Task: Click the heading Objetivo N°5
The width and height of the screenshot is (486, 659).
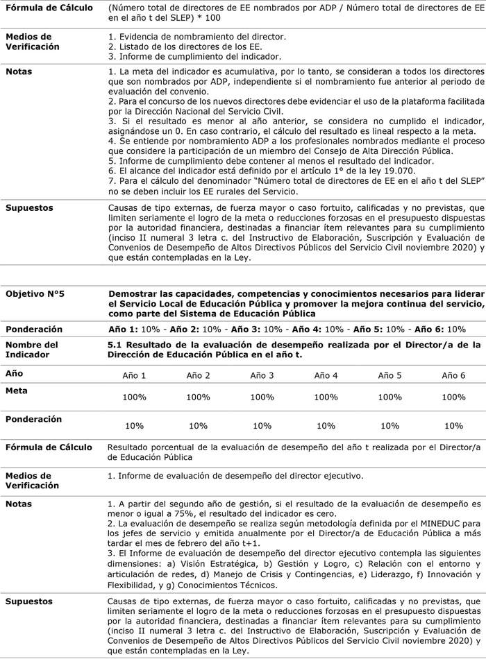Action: [35, 294]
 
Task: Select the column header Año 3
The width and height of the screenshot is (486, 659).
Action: [262, 375]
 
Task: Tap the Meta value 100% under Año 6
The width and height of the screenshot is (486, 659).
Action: [453, 397]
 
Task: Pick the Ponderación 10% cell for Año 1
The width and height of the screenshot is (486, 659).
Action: [134, 425]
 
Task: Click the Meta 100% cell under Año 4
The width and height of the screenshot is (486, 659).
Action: [326, 397]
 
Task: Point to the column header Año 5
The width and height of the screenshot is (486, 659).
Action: [389, 375]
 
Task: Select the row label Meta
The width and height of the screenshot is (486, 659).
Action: [17, 391]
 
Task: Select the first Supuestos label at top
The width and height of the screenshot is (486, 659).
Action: [29, 207]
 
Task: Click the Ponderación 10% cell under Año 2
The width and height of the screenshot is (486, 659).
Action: [198, 425]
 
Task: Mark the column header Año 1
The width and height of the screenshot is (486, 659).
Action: [134, 375]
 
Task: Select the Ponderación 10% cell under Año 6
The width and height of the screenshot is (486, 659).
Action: [453, 425]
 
